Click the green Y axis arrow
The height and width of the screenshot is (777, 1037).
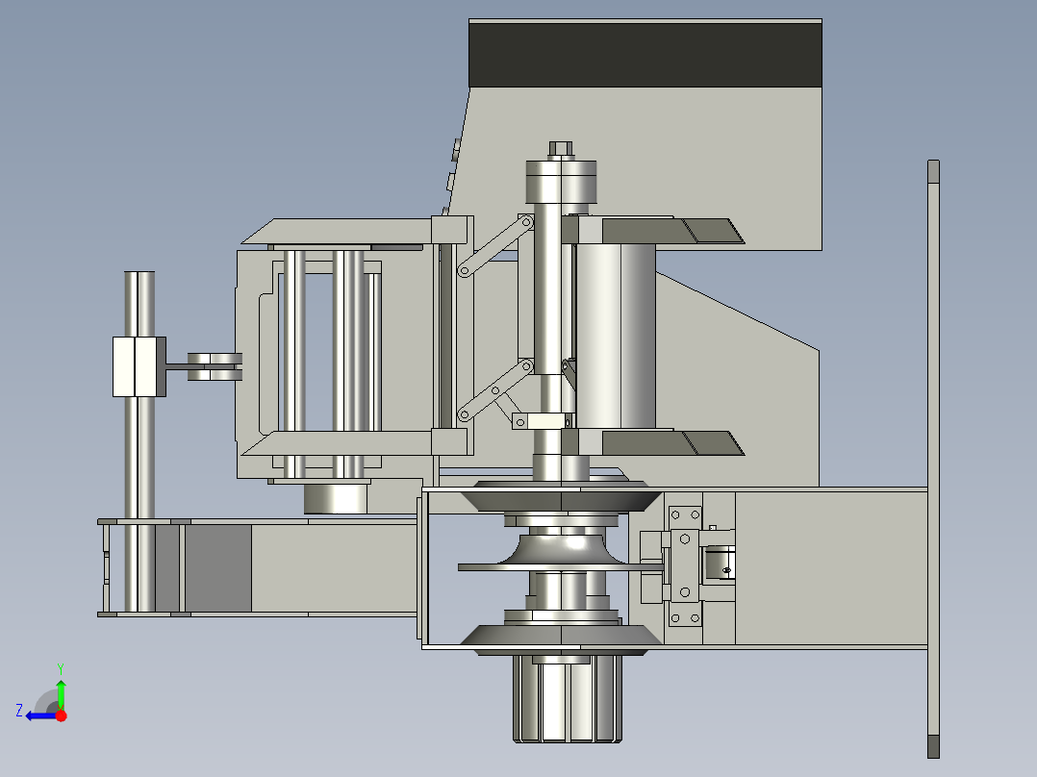click(x=61, y=693)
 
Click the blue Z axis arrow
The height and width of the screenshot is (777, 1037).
click(x=41, y=715)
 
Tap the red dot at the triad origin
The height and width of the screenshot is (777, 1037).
click(x=61, y=715)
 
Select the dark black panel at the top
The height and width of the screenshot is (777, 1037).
click(x=645, y=55)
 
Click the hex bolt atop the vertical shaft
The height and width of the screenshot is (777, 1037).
click(x=561, y=148)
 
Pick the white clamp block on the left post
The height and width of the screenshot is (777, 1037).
click(x=139, y=366)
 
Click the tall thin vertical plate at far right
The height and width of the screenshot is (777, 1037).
click(x=933, y=459)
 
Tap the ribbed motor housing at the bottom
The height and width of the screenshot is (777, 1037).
click(x=568, y=698)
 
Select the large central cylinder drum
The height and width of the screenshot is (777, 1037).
click(x=616, y=336)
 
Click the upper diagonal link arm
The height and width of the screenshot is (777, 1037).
click(x=495, y=245)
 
